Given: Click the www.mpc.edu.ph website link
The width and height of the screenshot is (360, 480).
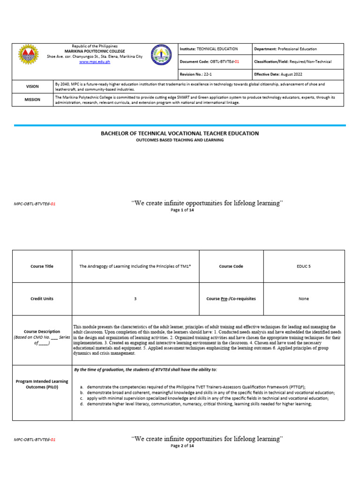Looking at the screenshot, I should (95, 61).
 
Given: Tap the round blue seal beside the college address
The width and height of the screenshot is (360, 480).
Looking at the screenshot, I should (161, 55).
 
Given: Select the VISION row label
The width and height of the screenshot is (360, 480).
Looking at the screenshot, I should (32, 86).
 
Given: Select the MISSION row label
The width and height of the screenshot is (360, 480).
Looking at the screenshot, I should (32, 99).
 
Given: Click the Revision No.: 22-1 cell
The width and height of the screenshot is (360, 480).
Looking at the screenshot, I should (215, 75).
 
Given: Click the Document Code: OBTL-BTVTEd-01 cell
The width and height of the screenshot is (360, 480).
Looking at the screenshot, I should (215, 61).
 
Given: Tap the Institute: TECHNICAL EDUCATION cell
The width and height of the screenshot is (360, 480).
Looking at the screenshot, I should (215, 49).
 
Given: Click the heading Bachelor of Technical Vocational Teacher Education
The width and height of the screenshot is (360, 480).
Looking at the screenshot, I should (180, 133).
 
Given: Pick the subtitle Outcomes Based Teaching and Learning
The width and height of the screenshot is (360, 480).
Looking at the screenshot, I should (180, 140).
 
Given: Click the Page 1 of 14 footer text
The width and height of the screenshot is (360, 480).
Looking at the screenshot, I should (182, 210).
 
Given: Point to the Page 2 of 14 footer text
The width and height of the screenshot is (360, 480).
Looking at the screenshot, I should (182, 446).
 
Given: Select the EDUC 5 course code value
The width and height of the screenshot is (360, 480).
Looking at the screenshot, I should (304, 266).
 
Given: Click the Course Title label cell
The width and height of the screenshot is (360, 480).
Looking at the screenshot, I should (42, 266).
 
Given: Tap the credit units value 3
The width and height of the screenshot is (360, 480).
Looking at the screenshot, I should (135, 299).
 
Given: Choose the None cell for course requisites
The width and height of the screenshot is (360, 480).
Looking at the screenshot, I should (304, 299).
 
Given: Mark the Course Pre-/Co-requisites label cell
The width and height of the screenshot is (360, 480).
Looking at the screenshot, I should (231, 299).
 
